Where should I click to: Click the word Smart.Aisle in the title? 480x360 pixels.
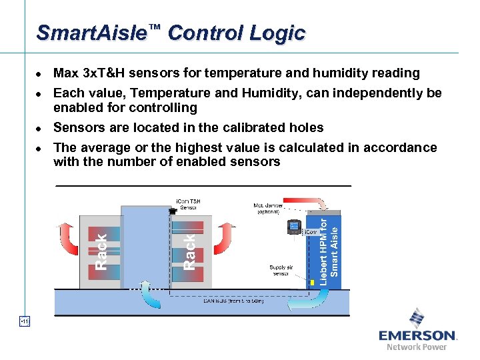click(x=92, y=33)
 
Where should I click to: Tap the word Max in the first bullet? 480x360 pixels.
click(x=65, y=73)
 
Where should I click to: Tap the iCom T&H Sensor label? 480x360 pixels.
click(x=187, y=204)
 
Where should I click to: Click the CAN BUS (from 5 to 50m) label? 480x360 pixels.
click(x=233, y=301)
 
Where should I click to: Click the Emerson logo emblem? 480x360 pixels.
click(x=417, y=319)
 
